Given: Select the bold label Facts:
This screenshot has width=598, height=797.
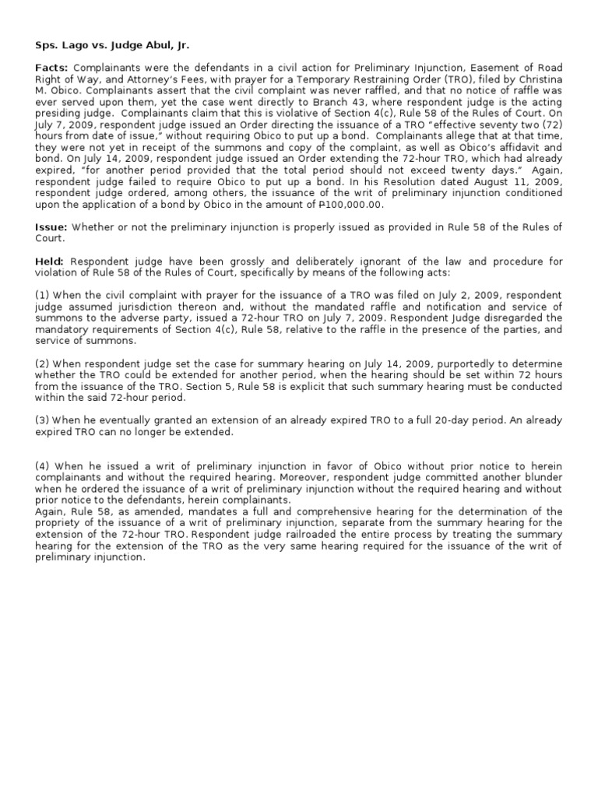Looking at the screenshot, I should pos(52,69).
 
